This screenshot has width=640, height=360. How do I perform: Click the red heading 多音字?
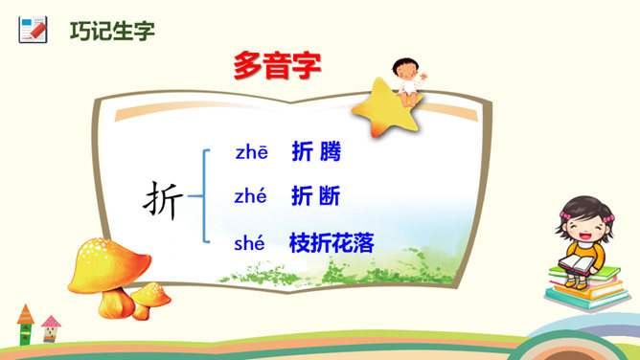[277, 66]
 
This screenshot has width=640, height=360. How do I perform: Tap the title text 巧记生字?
[112, 31]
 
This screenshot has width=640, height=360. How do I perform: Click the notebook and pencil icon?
[34, 30]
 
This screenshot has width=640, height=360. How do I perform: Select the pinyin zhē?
[251, 152]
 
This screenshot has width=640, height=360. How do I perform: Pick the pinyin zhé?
[251, 196]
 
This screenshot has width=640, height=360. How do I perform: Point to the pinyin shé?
[249, 243]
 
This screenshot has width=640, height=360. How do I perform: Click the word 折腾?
[316, 151]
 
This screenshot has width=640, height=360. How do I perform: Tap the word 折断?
[315, 195]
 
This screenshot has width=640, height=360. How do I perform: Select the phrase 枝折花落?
[331, 242]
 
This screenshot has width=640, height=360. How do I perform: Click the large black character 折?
[163, 201]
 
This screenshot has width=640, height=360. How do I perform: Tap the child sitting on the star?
[408, 80]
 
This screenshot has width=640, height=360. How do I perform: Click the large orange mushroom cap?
[109, 265]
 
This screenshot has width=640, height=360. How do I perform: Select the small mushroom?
[149, 300]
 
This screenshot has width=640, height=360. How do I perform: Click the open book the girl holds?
[578, 263]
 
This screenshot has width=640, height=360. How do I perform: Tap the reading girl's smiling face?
[584, 227]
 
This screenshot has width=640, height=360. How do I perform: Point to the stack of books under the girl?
[586, 288]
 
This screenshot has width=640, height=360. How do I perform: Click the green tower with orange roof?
[25, 325]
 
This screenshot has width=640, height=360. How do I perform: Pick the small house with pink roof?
[51, 328]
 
